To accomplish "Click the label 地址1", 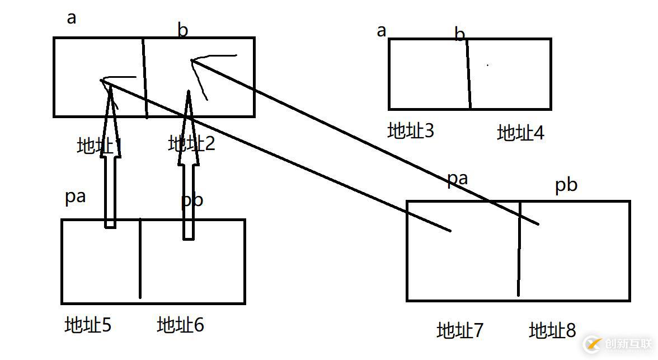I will click(99, 146).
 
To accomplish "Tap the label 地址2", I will click(191, 144).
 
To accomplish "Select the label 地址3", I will click(411, 130).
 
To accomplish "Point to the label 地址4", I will click(520, 133).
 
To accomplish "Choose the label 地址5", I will click(88, 325).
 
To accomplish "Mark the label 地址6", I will click(180, 325).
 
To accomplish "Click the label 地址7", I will click(459, 330).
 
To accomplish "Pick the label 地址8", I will click(552, 330).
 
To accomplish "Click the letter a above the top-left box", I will click(71, 18).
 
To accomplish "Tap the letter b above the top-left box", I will click(182, 30).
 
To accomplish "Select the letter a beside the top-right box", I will click(382, 30).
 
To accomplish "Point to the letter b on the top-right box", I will click(459, 35).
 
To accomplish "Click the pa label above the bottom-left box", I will click(75, 198).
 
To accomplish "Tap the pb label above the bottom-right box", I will click(566, 185).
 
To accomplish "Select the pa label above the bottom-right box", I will click(457, 179).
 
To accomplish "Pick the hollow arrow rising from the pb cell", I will click(189, 168).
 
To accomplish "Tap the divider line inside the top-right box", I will click(468, 73).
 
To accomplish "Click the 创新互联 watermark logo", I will click(618, 343).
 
